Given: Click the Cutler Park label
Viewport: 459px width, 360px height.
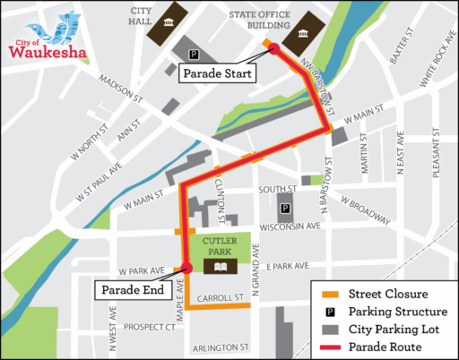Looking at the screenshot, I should (x=219, y=245).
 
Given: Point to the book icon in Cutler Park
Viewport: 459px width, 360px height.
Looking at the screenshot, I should (x=219, y=266).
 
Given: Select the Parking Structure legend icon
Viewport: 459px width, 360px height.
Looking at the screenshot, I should (x=329, y=311).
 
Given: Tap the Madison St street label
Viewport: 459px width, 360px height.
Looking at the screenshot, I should (x=121, y=87).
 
